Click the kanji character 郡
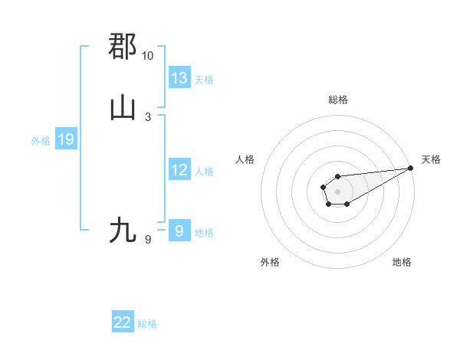(123, 46)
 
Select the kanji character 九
(123, 230)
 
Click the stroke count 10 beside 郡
(147, 56)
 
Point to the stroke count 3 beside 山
(147, 116)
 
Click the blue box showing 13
(179, 78)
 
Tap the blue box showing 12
(179, 170)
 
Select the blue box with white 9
(179, 231)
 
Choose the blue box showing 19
(66, 139)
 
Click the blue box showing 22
(123, 322)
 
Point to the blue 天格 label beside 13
(204, 79)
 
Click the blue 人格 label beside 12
(204, 172)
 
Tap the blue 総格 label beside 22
(147, 324)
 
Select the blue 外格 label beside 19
(41, 141)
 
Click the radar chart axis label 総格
(337, 100)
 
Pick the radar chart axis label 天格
(431, 159)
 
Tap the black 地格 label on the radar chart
(402, 262)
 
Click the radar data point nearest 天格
(410, 168)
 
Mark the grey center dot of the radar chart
(337, 191)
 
